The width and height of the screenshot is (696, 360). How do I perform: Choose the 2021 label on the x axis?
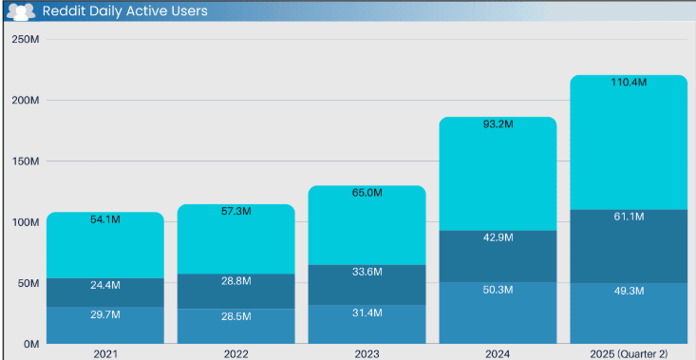[105, 353]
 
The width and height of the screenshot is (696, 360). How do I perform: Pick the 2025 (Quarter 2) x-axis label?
[628, 353]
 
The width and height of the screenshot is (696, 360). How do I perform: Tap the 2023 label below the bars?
[367, 353]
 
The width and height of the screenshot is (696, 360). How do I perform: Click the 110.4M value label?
[628, 84]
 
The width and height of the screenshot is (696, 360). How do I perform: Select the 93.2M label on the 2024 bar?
[498, 125]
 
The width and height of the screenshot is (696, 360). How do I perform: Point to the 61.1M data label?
[628, 218]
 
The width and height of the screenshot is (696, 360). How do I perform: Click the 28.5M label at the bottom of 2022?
[235, 315]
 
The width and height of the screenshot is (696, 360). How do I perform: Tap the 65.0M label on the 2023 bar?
[367, 193]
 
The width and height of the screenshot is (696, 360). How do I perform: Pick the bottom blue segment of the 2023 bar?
[367, 329]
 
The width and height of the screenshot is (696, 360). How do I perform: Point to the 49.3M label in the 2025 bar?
[628, 303]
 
